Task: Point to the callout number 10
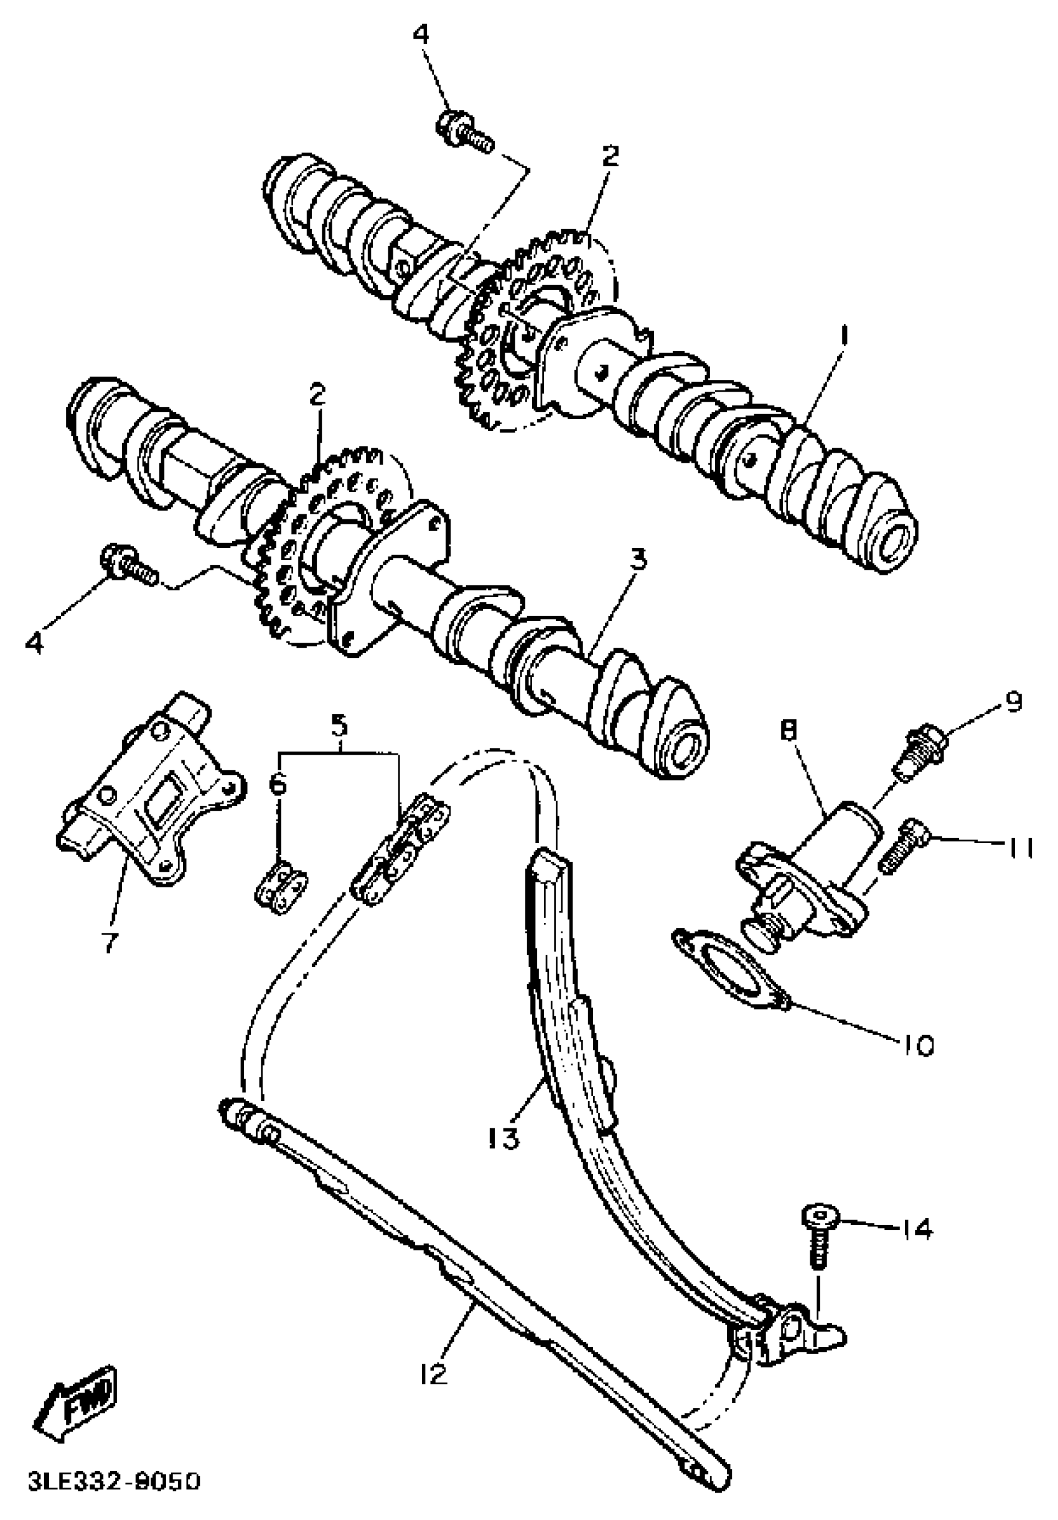pyautogui.click(x=915, y=1046)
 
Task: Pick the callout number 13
pyautogui.click(x=504, y=1139)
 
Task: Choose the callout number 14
pyautogui.click(x=915, y=1229)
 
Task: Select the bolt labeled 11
pyautogui.click(x=905, y=845)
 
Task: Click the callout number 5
pyautogui.click(x=339, y=726)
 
